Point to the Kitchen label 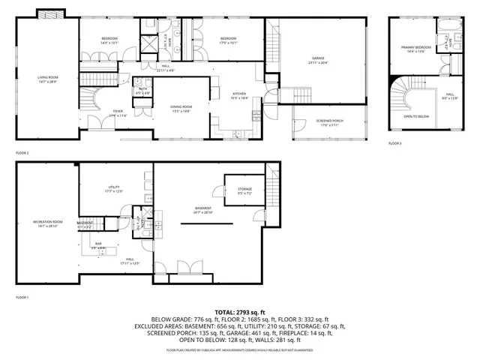[x=238, y=95]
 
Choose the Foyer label [x=118, y=112]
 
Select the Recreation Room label [x=47, y=223]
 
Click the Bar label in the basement [x=98, y=244]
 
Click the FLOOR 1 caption [x=22, y=298]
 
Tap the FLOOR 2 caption [x=22, y=152]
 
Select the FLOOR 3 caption [x=394, y=143]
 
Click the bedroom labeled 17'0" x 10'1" [x=228, y=40]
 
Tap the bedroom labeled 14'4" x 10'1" [x=109, y=40]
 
